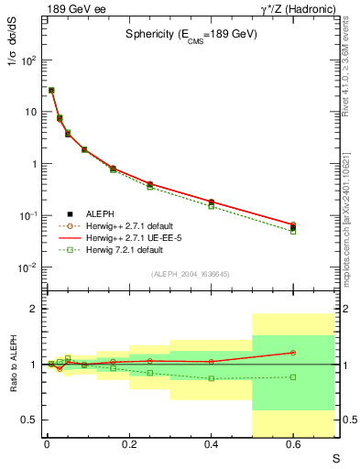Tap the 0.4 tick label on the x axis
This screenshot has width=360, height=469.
point(211,444)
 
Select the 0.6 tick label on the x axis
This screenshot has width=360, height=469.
point(293,444)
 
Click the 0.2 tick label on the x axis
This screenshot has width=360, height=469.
point(129,444)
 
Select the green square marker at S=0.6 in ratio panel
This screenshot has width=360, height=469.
point(293,376)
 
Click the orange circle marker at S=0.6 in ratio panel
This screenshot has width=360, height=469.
point(293,353)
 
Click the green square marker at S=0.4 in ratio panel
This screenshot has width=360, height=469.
point(212,378)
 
